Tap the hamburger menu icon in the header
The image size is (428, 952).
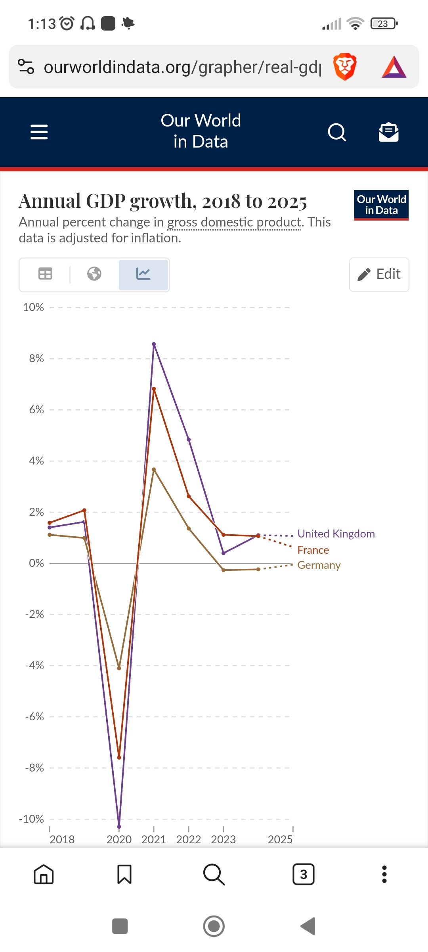tap(39, 132)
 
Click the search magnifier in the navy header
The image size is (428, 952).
tap(337, 132)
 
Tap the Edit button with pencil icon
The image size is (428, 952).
tap(379, 274)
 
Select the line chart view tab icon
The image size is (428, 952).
tap(143, 274)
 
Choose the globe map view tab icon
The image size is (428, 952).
tap(94, 274)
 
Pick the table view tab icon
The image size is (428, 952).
tap(45, 274)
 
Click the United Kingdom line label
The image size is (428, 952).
tap(336, 534)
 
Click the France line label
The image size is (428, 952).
tap(313, 550)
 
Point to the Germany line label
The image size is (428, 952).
tap(319, 565)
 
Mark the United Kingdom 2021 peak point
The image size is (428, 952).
tap(154, 344)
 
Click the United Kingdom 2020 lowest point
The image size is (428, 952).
tap(119, 827)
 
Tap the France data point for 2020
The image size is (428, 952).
tap(119, 758)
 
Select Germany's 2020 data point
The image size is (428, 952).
tap(119, 668)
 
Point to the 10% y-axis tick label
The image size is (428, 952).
tap(33, 307)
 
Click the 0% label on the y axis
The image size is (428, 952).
tap(36, 563)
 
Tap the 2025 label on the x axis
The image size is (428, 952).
tap(280, 839)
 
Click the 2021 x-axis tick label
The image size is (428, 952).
tap(154, 839)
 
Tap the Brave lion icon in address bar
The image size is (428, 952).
tap(345, 67)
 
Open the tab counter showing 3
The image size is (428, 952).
tap(303, 874)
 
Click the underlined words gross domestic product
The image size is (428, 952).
tap(234, 223)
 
